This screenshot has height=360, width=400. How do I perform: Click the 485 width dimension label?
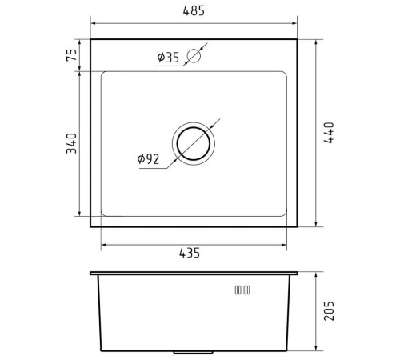click(194, 11)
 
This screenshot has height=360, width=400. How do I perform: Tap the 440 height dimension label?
click(329, 133)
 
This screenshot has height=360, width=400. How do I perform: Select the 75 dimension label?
click(71, 55)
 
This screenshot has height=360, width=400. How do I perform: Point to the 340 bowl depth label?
click(71, 143)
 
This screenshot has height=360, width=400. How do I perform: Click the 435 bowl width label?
click(190, 253)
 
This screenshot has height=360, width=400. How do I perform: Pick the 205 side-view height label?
click(329, 311)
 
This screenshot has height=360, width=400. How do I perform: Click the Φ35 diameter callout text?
click(168, 57)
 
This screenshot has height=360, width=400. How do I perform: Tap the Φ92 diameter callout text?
click(148, 159)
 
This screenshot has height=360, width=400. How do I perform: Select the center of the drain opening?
click(194, 144)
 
